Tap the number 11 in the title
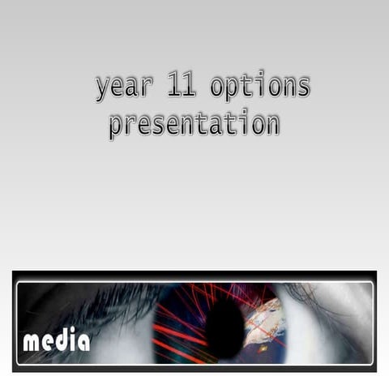point(183,84)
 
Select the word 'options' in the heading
point(259,85)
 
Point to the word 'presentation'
point(194,124)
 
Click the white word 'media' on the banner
point(56,341)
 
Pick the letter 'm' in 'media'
point(32,343)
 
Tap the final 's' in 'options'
point(302,85)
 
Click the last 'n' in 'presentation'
point(271,124)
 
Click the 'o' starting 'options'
point(217,85)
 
